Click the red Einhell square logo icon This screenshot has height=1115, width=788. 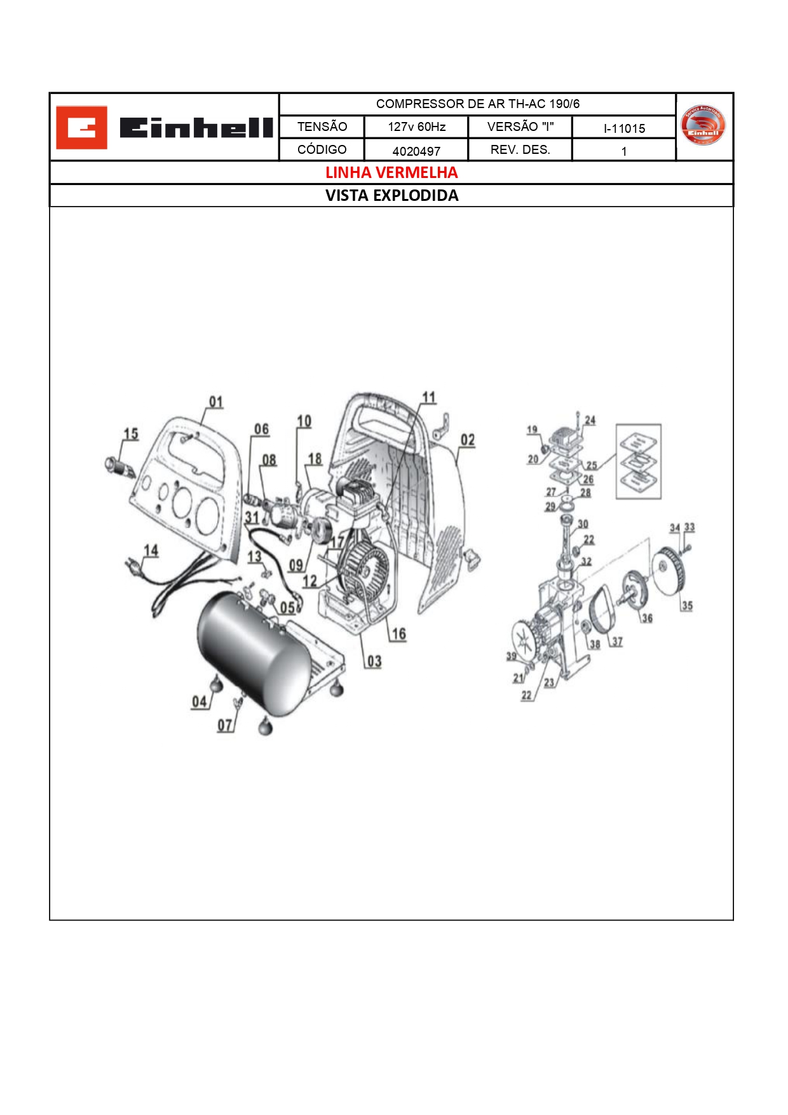coord(81,128)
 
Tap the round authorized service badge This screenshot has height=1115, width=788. coord(703,126)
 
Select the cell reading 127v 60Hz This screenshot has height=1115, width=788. coord(416,127)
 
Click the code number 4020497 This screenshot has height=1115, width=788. coord(416,151)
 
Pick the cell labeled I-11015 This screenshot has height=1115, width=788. coord(624,128)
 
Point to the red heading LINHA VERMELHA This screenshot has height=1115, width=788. coord(391,172)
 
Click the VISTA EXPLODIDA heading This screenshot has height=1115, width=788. coord(391,195)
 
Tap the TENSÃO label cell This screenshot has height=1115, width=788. coord(322,127)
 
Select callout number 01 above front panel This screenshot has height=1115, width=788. coord(216,402)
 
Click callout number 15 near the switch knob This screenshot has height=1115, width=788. coord(131,434)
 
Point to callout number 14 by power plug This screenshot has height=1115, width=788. coord(151,551)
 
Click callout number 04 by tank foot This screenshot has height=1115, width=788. coord(200,701)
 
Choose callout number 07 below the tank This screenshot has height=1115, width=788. coord(225,725)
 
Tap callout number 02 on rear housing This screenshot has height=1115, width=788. coord(468,440)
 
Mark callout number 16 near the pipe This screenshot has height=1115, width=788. coord(398,633)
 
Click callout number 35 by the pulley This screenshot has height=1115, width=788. coord(687,605)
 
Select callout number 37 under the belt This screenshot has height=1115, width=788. coord(617,642)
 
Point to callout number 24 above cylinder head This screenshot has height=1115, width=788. coord(590,420)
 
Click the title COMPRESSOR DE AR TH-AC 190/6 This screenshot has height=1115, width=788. coord(477,104)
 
